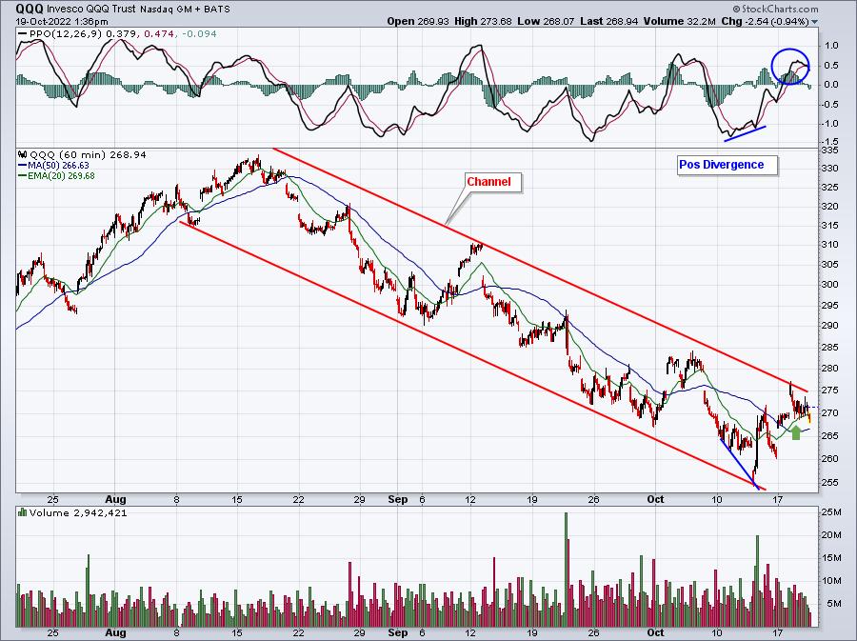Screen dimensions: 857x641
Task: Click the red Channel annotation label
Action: tap(488, 181)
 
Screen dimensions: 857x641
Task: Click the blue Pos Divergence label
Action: tap(722, 165)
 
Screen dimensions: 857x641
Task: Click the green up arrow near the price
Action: tap(796, 432)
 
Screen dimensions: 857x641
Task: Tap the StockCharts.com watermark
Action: tap(776, 9)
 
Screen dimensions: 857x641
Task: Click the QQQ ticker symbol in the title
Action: tap(30, 9)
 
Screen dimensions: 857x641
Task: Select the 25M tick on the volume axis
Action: tap(832, 512)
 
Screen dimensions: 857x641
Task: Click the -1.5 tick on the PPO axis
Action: tap(830, 142)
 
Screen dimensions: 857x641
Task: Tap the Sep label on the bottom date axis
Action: tap(398, 499)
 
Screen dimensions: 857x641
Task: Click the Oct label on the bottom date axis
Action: tap(655, 499)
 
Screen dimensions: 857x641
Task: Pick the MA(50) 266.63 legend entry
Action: tap(53, 165)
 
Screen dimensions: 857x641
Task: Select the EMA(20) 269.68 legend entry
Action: tap(56, 176)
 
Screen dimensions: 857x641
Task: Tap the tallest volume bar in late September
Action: tap(566, 569)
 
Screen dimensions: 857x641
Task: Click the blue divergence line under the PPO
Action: tap(745, 134)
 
